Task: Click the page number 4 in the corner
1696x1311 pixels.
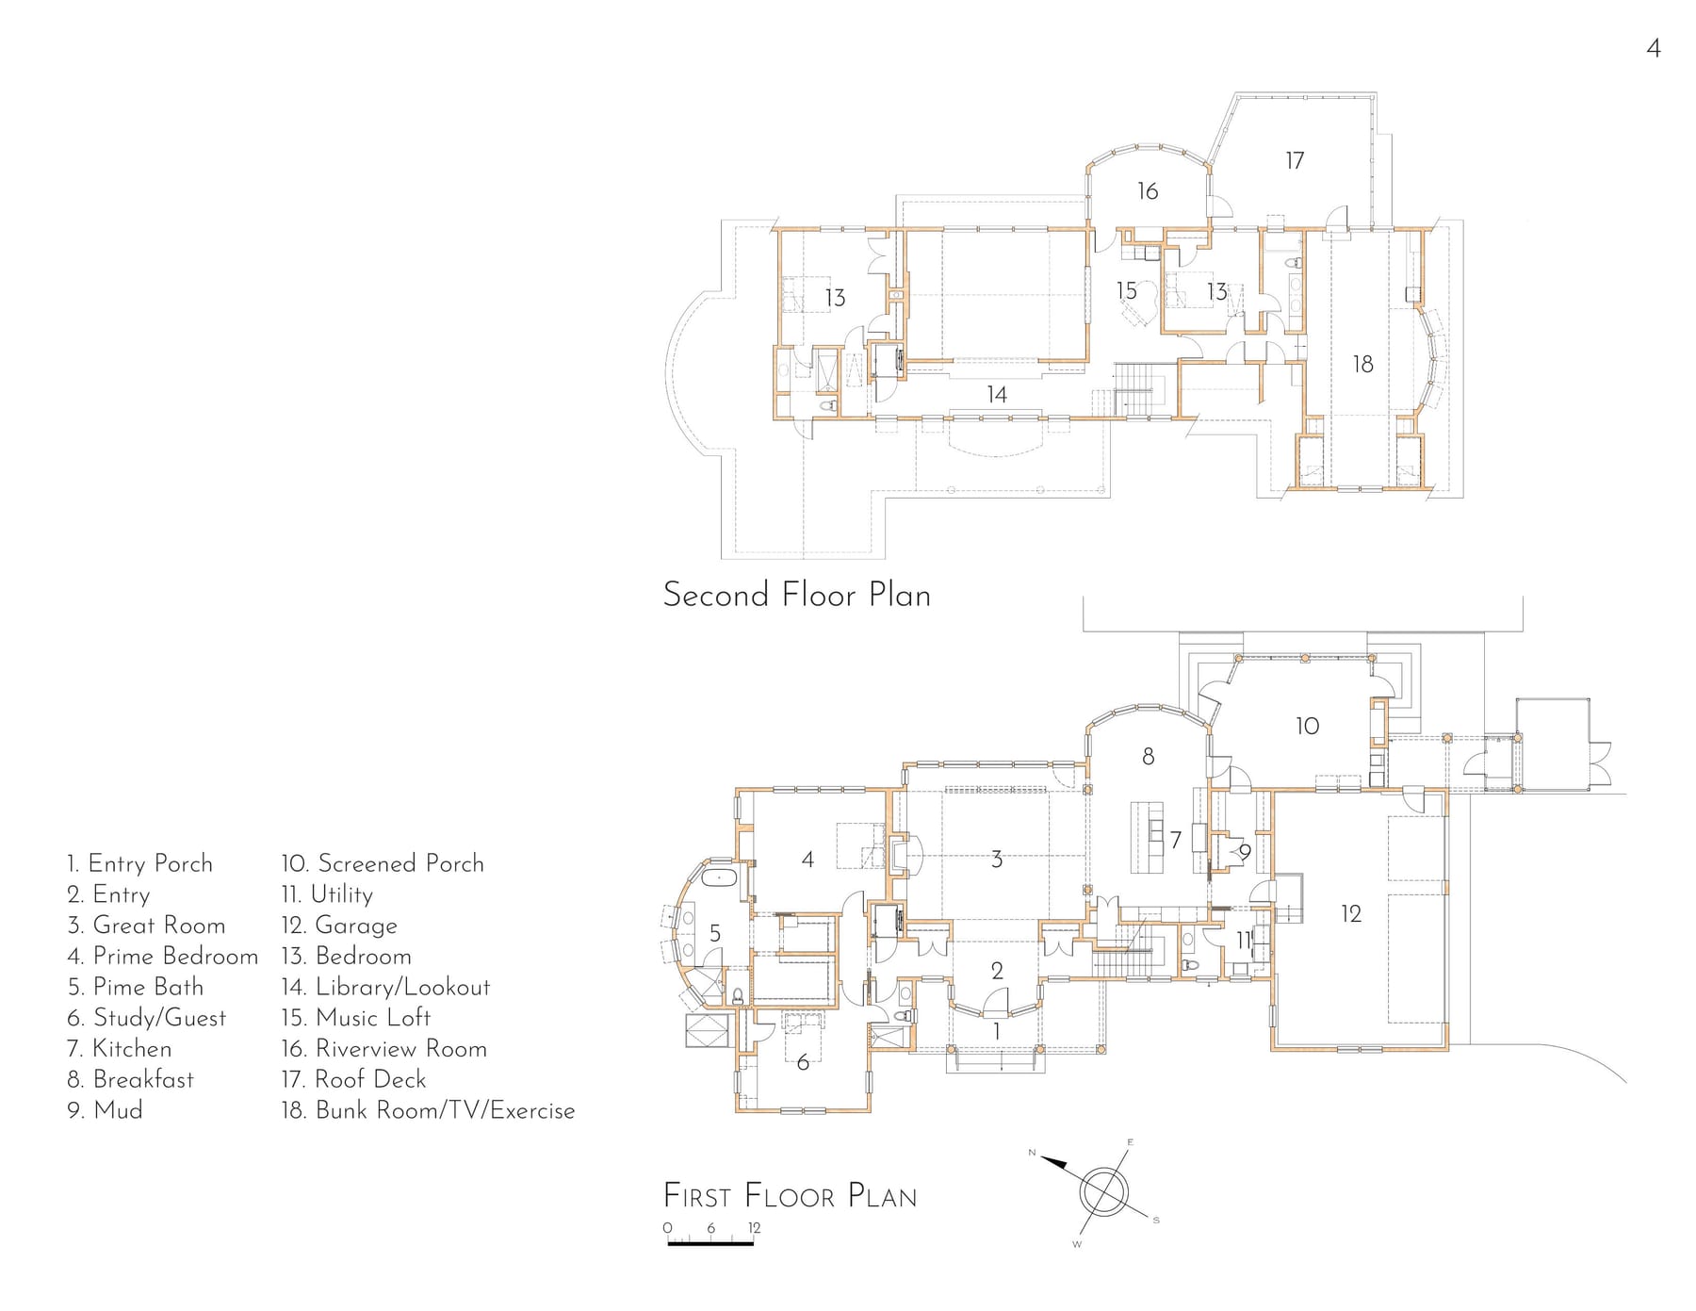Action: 1654,48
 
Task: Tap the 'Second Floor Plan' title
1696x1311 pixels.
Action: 797,595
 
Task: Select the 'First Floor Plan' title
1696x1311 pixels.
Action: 790,1196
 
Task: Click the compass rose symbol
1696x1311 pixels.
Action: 1101,1191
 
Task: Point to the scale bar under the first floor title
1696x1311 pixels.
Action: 710,1245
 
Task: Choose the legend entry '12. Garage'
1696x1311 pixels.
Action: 339,926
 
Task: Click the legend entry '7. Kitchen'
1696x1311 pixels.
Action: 120,1048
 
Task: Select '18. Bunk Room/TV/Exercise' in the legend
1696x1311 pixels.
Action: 428,1110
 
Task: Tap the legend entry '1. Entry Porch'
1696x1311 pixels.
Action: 139,863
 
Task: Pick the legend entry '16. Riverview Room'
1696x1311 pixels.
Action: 383,1048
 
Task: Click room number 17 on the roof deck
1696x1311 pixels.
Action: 1295,161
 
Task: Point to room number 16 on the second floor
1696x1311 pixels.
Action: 1148,191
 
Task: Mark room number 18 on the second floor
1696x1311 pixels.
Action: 1362,364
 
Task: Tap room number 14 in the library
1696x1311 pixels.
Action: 997,394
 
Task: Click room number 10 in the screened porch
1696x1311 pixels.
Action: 1307,726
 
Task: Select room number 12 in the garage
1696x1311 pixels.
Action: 1351,913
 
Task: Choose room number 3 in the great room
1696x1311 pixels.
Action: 997,860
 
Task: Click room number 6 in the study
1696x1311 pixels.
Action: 803,1062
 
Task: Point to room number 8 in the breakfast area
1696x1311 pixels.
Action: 1148,756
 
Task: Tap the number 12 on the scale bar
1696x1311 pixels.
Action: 755,1228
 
